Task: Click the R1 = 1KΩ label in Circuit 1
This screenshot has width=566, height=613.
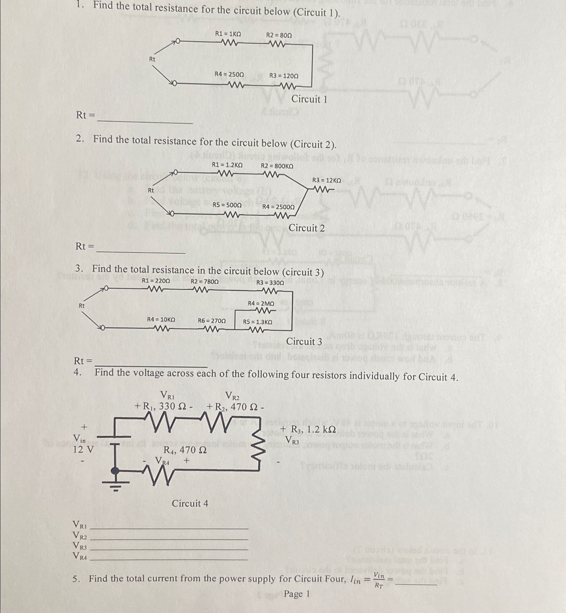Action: (x=228, y=34)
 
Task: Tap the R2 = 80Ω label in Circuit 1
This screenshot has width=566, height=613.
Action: (x=279, y=35)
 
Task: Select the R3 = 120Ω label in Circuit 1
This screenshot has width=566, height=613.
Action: (x=284, y=76)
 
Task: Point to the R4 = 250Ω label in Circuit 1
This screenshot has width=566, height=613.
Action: (x=229, y=74)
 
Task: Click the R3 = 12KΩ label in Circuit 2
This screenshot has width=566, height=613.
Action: (x=327, y=180)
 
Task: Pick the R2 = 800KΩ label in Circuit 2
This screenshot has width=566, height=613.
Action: (x=277, y=166)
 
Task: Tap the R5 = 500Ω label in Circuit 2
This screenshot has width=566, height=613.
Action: (x=227, y=205)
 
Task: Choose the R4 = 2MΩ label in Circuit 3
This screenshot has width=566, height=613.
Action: (x=261, y=303)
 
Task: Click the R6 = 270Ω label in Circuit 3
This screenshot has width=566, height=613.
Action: (x=212, y=321)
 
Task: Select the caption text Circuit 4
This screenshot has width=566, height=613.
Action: (x=190, y=503)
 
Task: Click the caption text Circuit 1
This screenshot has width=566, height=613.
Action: (x=309, y=99)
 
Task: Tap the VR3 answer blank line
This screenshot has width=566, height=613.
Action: (x=169, y=549)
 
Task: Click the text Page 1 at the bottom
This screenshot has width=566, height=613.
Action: (x=297, y=594)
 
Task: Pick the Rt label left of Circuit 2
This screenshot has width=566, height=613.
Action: (x=151, y=190)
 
